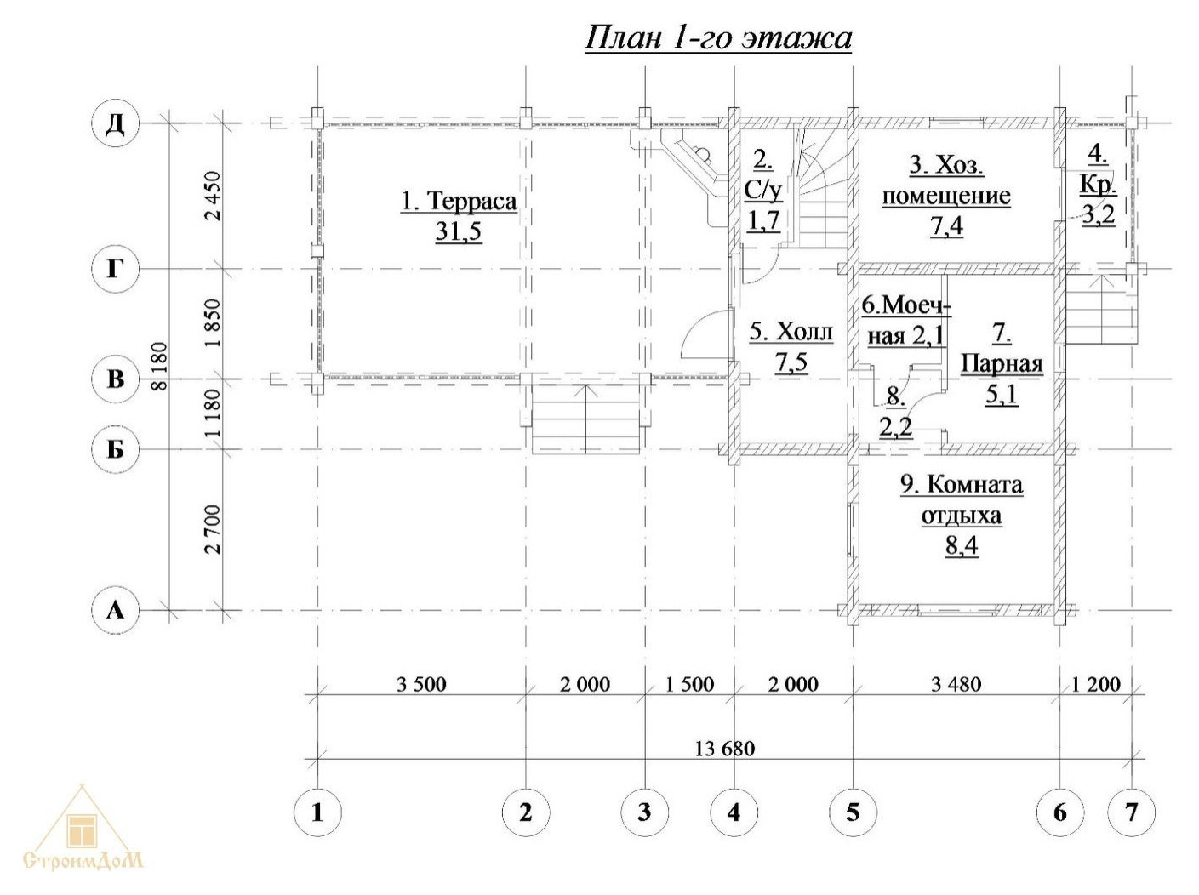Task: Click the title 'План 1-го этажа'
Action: tap(718, 37)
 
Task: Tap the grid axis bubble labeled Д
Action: tap(115, 123)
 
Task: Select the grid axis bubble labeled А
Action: tap(115, 610)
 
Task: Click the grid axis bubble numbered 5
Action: tap(853, 812)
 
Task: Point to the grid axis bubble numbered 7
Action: tap(1131, 812)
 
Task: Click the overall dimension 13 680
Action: tap(724, 749)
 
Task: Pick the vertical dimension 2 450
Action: tap(213, 196)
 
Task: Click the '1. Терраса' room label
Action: tap(459, 202)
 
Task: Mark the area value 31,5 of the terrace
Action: tap(459, 231)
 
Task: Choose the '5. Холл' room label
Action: tap(791, 332)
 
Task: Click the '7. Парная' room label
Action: tap(1002, 349)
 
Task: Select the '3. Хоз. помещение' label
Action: tap(946, 180)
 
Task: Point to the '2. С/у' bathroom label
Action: tap(763, 174)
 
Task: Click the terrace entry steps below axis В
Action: tap(585, 417)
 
